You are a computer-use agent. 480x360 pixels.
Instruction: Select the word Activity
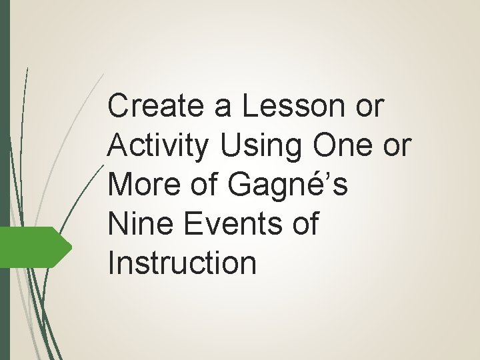(x=156, y=147)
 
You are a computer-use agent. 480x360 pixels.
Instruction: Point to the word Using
(x=261, y=145)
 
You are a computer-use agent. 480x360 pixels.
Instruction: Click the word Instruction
(x=181, y=262)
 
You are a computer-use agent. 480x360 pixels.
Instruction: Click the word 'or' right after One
(x=396, y=145)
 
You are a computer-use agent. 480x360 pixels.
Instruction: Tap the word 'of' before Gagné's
(x=206, y=185)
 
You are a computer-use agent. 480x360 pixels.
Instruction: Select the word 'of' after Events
(x=304, y=223)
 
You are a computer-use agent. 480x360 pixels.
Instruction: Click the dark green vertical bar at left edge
(x=5, y=180)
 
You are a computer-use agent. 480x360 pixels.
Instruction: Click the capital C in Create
(x=118, y=107)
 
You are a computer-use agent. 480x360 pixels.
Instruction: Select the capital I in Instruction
(x=111, y=262)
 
